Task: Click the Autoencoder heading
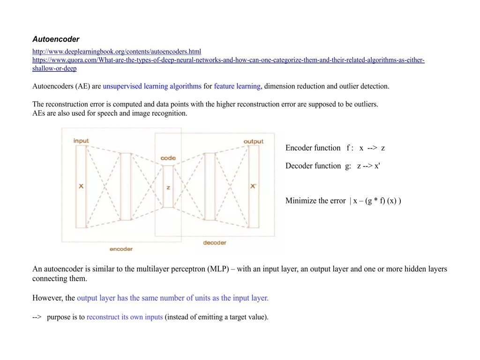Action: click(x=56, y=39)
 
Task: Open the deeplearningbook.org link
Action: click(x=117, y=52)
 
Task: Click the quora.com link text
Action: click(x=228, y=60)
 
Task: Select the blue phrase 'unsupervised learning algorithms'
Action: click(x=152, y=86)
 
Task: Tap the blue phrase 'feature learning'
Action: click(x=237, y=86)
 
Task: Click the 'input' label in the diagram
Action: click(x=81, y=141)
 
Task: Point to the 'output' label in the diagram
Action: click(x=253, y=141)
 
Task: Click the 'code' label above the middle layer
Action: click(x=168, y=158)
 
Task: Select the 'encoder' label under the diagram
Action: click(x=121, y=249)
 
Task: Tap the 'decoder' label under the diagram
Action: click(x=215, y=242)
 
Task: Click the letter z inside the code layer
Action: click(x=168, y=187)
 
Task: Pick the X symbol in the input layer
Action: click(x=81, y=187)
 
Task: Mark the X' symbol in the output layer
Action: click(x=253, y=187)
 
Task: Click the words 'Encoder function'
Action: click(x=313, y=148)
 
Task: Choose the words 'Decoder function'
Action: click(x=313, y=166)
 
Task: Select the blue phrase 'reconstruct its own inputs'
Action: click(x=125, y=317)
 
